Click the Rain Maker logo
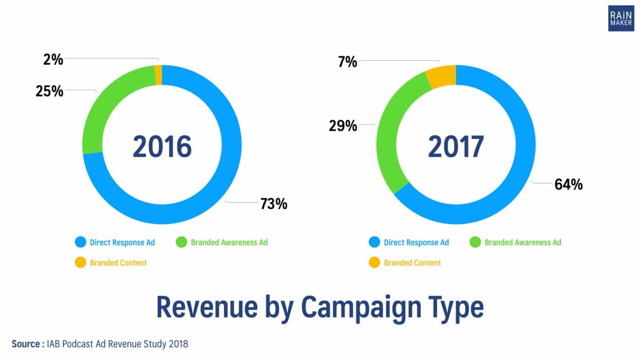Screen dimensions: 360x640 621,19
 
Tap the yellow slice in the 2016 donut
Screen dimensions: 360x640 159,75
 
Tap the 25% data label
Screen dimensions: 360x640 49,91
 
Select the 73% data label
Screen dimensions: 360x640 274,204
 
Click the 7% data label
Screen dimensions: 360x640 348,62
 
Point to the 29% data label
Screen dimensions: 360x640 343,125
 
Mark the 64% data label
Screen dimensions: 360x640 569,184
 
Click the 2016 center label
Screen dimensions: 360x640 162,146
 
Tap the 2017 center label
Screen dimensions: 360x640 456,146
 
